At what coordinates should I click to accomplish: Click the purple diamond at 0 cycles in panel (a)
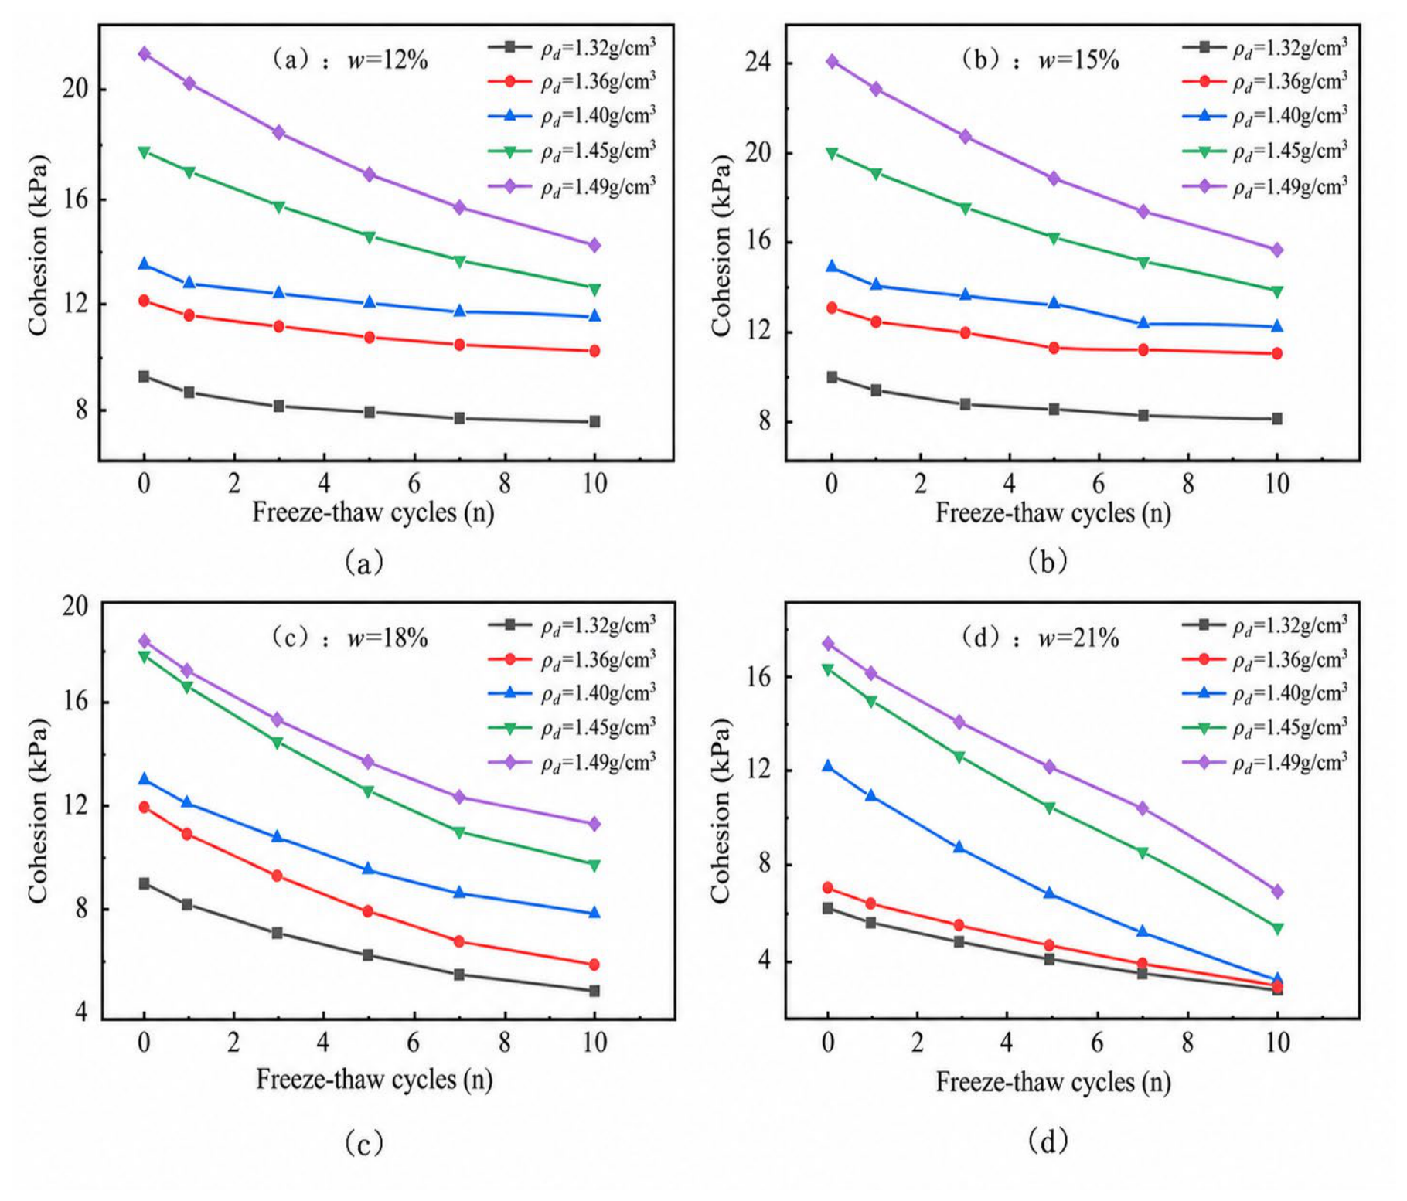(144, 54)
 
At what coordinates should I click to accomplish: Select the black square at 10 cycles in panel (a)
(594, 422)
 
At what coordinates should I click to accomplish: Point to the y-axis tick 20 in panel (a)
(75, 89)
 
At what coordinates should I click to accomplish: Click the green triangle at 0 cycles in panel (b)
(832, 154)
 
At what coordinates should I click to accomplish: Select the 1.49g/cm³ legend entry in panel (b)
(1266, 186)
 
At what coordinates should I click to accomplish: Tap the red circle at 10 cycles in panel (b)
(1277, 353)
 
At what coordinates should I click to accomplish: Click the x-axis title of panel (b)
(1053, 513)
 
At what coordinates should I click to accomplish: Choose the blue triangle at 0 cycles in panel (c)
(144, 779)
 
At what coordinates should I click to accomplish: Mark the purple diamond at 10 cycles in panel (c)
(594, 825)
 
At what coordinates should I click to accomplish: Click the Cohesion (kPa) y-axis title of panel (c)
(38, 811)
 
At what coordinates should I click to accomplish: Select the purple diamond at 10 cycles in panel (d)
(1277, 892)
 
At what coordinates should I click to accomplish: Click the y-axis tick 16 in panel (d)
(760, 677)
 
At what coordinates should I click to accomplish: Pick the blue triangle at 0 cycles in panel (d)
(828, 766)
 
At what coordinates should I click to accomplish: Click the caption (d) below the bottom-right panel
(1048, 1140)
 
